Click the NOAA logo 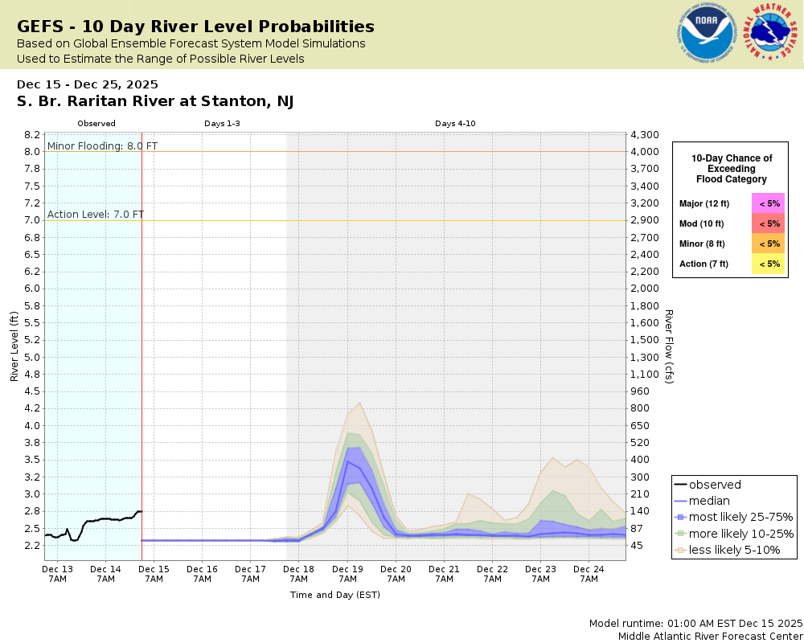(706, 35)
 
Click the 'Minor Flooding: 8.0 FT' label (103, 145)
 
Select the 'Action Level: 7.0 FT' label (96, 214)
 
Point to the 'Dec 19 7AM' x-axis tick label (347, 573)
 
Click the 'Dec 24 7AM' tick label (589, 573)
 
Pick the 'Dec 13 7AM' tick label (57, 573)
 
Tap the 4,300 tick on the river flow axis (645, 135)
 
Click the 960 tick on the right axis (640, 391)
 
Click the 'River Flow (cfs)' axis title (668, 346)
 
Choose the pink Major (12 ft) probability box (769, 203)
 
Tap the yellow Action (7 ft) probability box (769, 264)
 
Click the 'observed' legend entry (715, 485)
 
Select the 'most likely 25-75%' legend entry (733, 517)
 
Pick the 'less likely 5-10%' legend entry (733, 550)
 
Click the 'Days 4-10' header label (456, 124)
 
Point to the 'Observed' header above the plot (96, 124)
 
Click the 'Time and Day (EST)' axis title (334, 595)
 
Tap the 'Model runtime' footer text (695, 624)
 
